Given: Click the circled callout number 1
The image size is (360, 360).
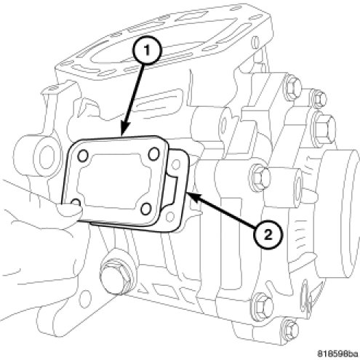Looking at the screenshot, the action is click(147, 51).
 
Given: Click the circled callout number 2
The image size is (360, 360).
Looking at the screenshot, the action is click(268, 234).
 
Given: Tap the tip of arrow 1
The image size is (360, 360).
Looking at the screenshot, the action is click(121, 135).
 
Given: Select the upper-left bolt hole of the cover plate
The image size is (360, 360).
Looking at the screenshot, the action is click(83, 156).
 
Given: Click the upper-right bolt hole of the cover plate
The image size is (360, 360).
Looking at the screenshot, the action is click(154, 154).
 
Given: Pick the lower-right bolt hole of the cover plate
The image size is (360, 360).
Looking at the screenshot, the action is click(146, 209).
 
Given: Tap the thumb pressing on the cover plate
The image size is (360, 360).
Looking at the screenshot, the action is click(70, 210).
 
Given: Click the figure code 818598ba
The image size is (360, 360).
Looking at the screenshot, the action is click(337, 353).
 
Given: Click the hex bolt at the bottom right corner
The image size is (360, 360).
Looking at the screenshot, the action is click(291, 330).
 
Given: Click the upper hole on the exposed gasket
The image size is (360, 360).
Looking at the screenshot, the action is click(175, 165).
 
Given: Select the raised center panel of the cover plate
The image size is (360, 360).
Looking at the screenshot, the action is click(114, 182).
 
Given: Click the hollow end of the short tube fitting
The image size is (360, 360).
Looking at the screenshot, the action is click(298, 186).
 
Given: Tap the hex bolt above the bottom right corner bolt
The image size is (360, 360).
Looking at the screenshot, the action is click(263, 306).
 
